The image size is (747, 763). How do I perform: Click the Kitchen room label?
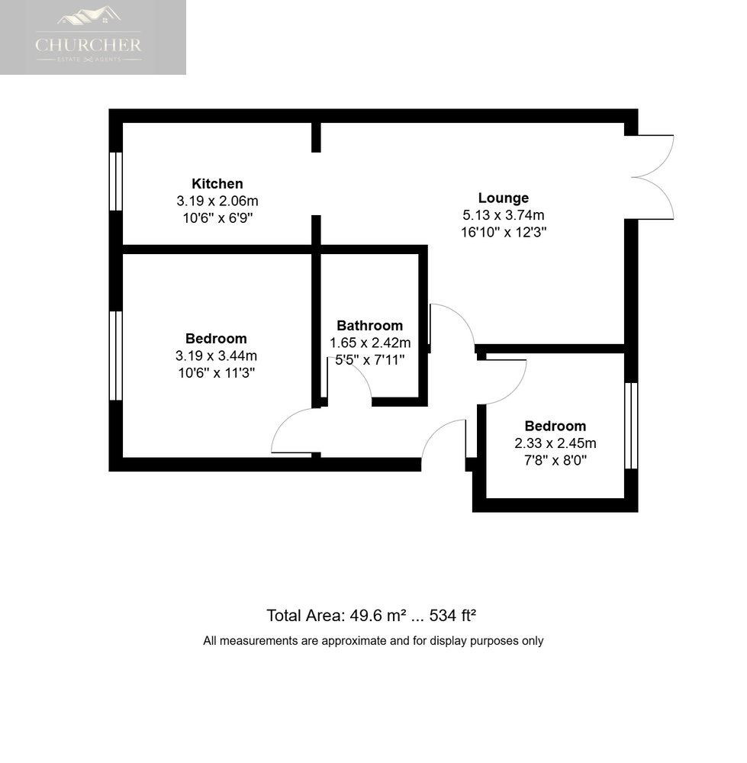[x=217, y=184]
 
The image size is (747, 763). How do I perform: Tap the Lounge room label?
[x=503, y=198]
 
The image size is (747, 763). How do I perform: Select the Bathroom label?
[x=369, y=326]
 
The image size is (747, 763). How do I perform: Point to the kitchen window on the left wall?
[x=116, y=181]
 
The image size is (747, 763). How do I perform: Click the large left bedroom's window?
[x=116, y=355]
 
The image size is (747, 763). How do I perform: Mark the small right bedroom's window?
[x=631, y=425]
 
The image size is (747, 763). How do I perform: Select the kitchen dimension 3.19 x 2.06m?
[x=217, y=201]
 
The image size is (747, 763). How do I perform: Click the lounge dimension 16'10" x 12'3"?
[x=504, y=232]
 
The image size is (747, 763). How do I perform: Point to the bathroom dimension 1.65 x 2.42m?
[x=369, y=343]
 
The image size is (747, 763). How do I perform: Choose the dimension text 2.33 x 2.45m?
[x=555, y=443]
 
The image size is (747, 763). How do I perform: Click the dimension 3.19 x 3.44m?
[x=216, y=356]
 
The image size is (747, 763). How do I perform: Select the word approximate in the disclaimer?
[x=343, y=641]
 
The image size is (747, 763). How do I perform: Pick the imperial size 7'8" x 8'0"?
[x=555, y=460]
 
